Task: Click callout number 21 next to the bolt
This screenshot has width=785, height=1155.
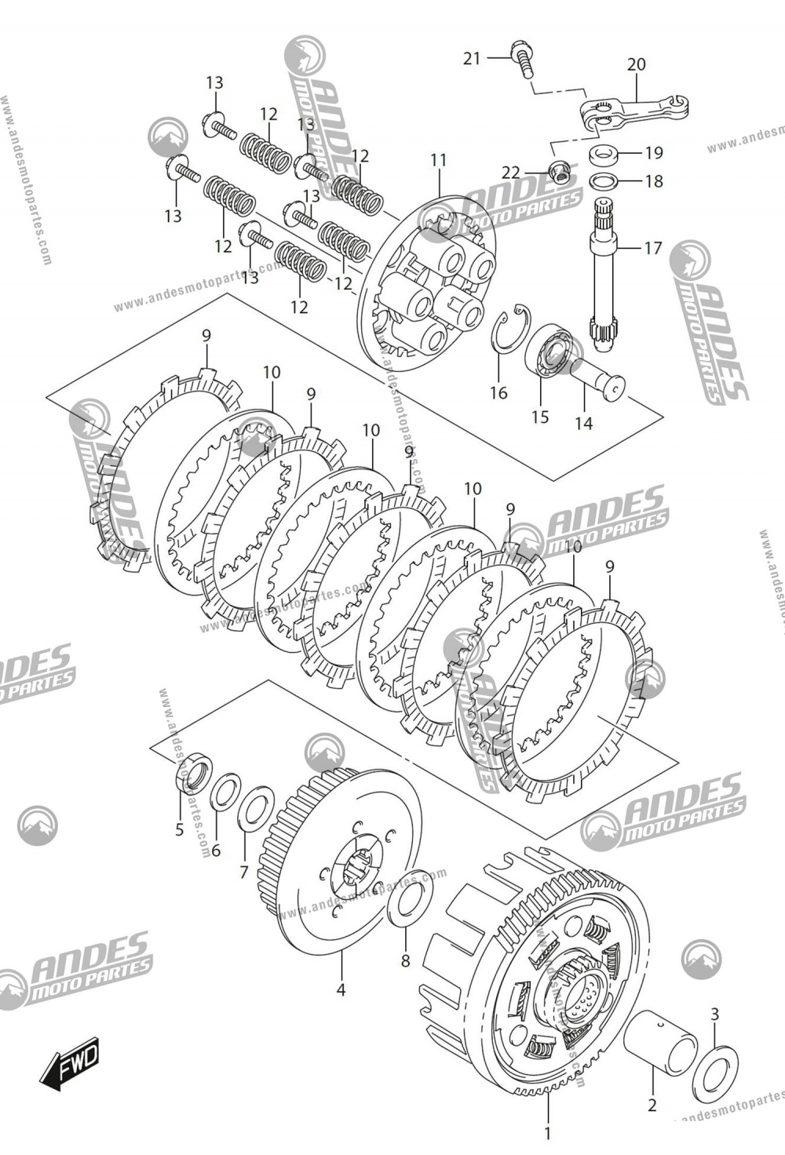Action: coord(471,58)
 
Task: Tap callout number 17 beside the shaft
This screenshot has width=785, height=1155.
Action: coord(653,249)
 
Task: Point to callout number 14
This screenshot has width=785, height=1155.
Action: coord(583,424)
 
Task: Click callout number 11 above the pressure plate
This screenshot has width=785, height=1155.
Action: coord(438,160)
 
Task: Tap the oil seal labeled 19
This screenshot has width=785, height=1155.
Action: coord(604,152)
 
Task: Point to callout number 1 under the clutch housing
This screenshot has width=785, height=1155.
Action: coord(547,1133)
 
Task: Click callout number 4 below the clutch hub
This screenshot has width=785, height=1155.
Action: coord(341,990)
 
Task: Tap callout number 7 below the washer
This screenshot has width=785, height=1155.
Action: coord(243,872)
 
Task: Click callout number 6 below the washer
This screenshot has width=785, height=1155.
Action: coord(216,850)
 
